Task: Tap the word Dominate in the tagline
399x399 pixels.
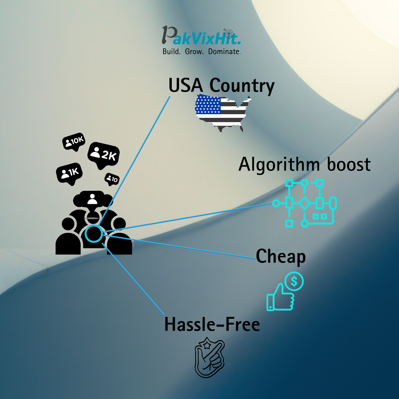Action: click(x=224, y=52)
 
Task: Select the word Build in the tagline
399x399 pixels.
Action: click(x=171, y=52)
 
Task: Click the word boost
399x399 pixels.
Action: click(x=349, y=165)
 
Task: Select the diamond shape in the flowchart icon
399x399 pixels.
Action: click(x=304, y=203)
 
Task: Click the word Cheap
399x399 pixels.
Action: click(x=281, y=257)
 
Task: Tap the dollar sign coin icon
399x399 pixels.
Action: click(x=294, y=281)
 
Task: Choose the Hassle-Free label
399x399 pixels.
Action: click(x=212, y=324)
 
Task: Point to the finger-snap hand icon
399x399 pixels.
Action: click(x=210, y=358)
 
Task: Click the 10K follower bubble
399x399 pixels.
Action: click(x=74, y=141)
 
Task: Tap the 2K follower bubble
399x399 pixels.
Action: click(x=103, y=155)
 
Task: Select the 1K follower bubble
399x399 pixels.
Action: click(x=69, y=173)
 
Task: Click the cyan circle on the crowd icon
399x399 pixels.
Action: click(x=94, y=234)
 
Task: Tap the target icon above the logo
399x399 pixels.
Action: click(x=229, y=33)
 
